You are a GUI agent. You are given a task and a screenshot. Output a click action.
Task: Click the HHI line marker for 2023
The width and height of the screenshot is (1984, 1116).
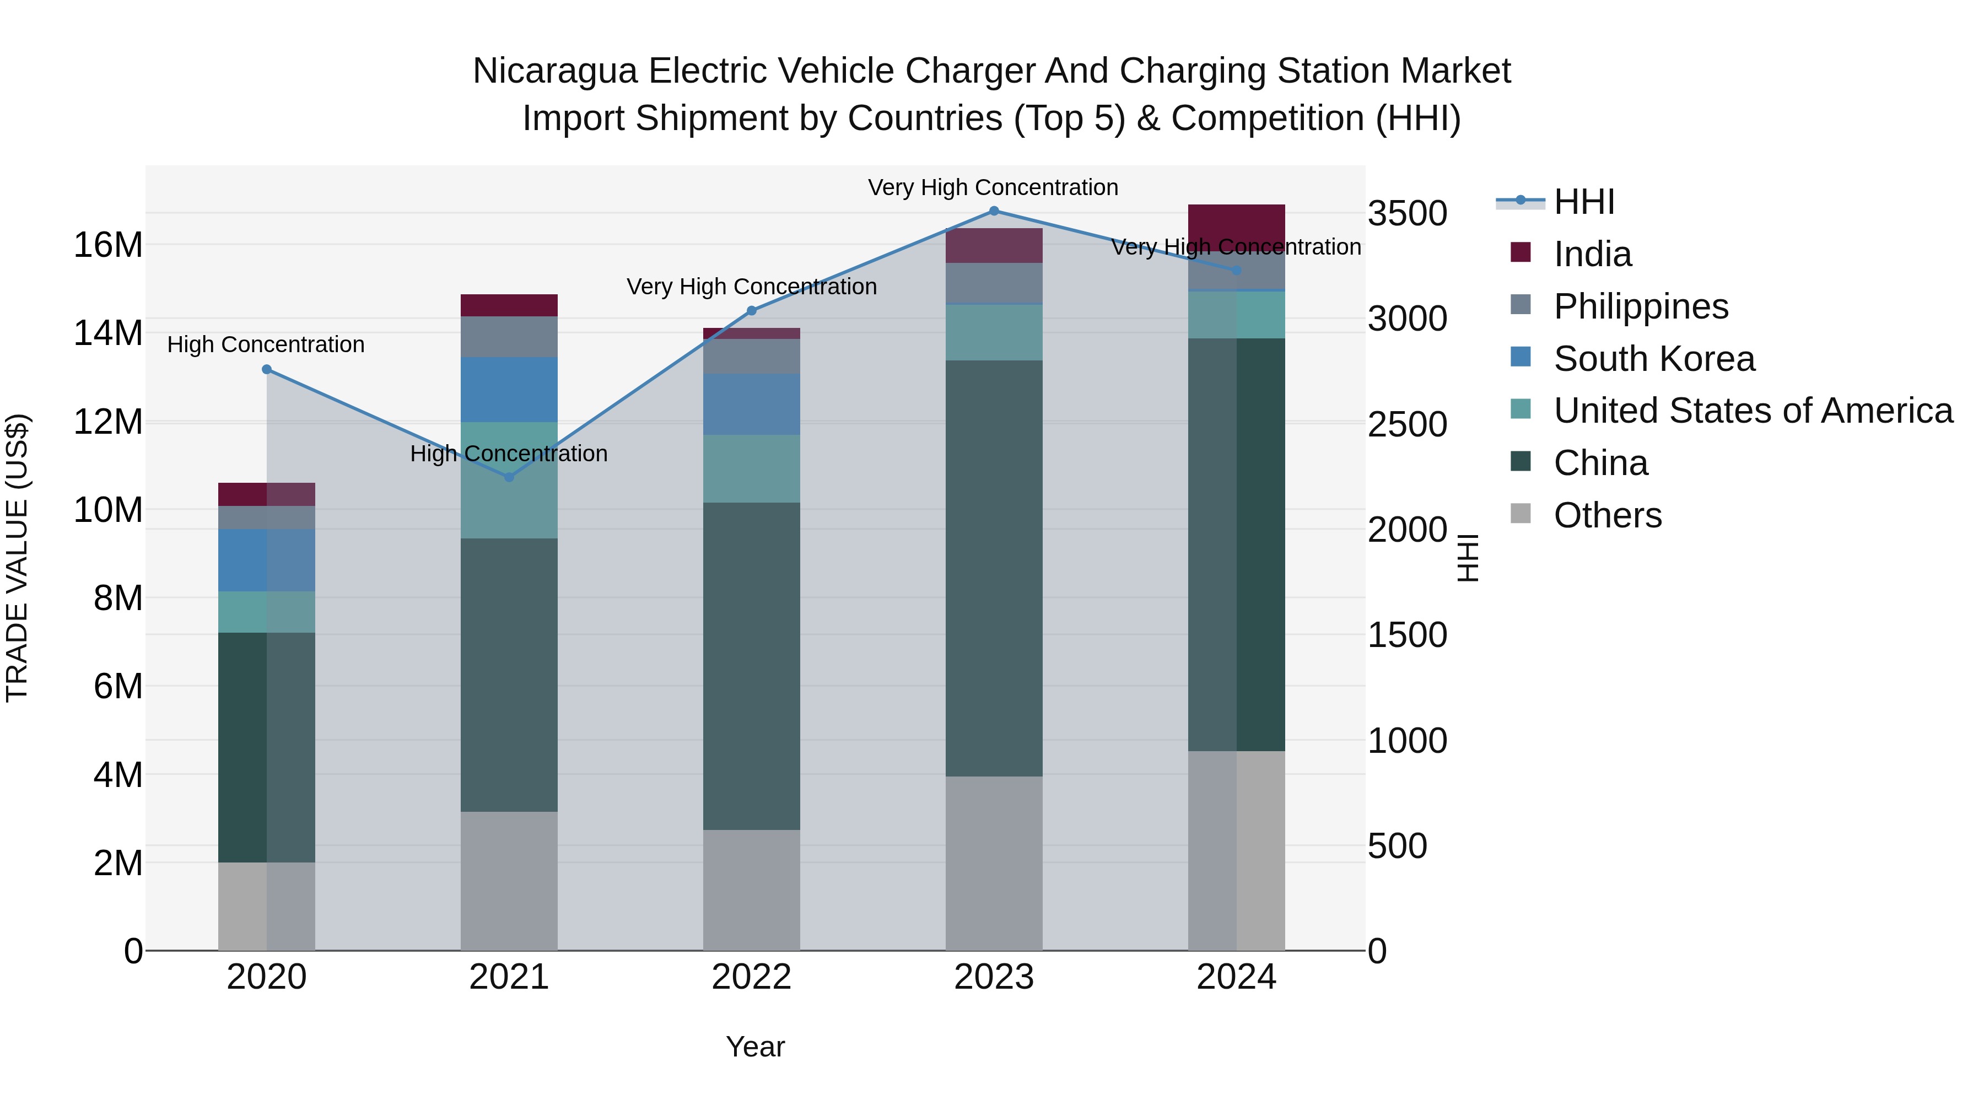click(x=994, y=211)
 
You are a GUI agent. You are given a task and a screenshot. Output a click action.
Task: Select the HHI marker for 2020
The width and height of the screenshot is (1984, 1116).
click(x=267, y=370)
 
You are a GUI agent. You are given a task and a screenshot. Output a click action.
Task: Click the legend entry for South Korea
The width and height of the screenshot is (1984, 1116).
click(x=1653, y=359)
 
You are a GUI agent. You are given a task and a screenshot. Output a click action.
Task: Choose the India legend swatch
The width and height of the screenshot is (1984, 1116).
click(x=1521, y=252)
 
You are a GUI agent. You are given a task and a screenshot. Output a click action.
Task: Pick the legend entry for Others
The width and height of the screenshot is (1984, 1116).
click(x=1608, y=515)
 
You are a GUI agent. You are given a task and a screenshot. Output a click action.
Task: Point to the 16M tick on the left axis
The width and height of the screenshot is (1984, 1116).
click(x=108, y=245)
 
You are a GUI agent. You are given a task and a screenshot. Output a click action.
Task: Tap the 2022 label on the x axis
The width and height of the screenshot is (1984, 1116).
click(x=751, y=977)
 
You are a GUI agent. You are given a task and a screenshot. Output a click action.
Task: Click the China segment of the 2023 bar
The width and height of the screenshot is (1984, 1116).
click(x=994, y=568)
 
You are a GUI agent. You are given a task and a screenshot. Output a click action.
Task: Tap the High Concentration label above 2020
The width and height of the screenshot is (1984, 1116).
click(x=266, y=344)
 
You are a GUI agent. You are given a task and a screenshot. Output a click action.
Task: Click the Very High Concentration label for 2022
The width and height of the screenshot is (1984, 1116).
click(x=752, y=287)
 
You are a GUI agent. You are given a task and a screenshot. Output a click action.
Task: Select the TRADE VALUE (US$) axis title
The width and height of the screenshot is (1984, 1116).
click(x=17, y=558)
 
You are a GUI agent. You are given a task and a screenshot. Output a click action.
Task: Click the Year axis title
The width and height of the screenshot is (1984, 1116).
click(x=755, y=1047)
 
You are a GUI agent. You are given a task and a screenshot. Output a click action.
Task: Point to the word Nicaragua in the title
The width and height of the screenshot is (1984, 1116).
click(x=554, y=71)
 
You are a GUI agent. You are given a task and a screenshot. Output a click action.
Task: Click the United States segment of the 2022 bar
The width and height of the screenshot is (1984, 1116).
click(x=751, y=468)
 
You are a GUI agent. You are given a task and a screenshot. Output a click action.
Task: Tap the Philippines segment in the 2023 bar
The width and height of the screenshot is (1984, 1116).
click(x=994, y=283)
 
